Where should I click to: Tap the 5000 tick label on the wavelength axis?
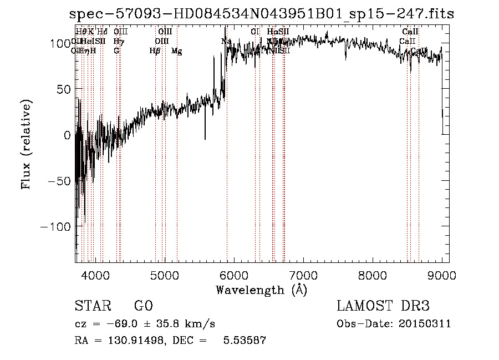coord(165,275)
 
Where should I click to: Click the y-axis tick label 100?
coord(58,43)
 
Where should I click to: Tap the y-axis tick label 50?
coord(61,89)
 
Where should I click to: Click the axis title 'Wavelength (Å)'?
coord(261,290)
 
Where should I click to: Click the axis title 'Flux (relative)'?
coord(26,144)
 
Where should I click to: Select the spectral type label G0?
coord(143,306)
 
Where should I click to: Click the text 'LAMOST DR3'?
coord(383,306)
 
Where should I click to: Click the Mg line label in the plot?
coord(177,51)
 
